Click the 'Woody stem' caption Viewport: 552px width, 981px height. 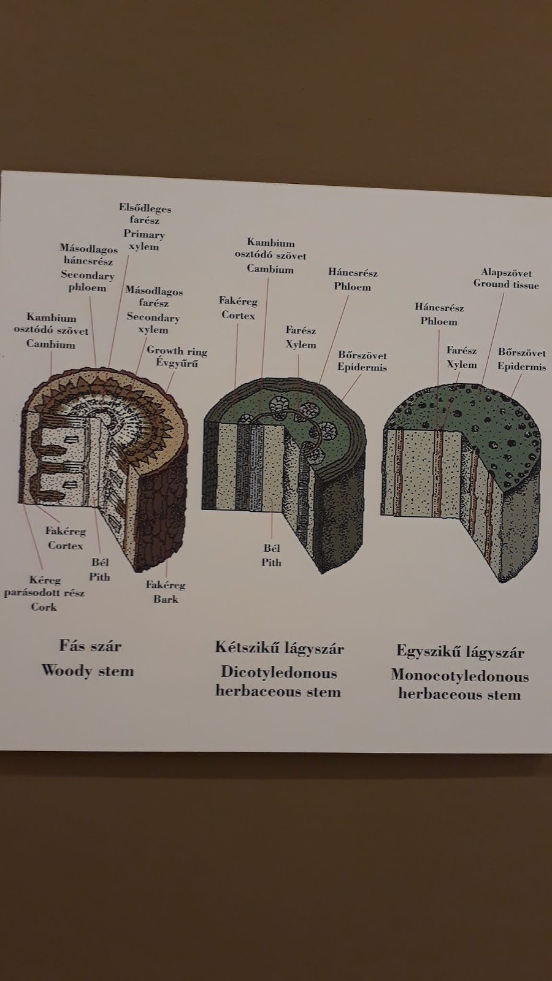pyautogui.click(x=88, y=670)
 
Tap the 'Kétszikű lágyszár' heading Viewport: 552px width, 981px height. pyautogui.click(x=279, y=648)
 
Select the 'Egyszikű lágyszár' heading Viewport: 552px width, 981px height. pyautogui.click(x=459, y=651)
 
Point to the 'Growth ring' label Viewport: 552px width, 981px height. pyautogui.click(x=177, y=351)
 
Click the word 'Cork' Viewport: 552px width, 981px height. pyautogui.click(x=44, y=607)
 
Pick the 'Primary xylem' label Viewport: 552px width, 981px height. pyautogui.click(x=144, y=240)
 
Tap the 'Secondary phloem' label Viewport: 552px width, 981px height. pyautogui.click(x=88, y=281)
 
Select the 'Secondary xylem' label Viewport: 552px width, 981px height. pyautogui.click(x=153, y=323)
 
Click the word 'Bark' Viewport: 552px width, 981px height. pyautogui.click(x=166, y=599)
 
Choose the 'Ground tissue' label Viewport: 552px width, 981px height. pyautogui.click(x=506, y=284)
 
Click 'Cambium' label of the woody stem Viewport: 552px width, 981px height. pyautogui.click(x=51, y=344)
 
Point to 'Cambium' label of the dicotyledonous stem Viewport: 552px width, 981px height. pyautogui.click(x=270, y=269)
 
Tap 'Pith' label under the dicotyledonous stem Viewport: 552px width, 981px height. pyautogui.click(x=272, y=562)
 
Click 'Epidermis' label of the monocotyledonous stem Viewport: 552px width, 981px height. pyautogui.click(x=521, y=367)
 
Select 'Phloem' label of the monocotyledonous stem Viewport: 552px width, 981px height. pyautogui.click(x=439, y=321)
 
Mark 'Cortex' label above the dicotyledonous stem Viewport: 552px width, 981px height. pyautogui.click(x=238, y=315)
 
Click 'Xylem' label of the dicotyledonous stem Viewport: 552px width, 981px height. pyautogui.click(x=301, y=344)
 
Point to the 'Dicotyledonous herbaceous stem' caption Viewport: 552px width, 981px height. pyautogui.click(x=278, y=682)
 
